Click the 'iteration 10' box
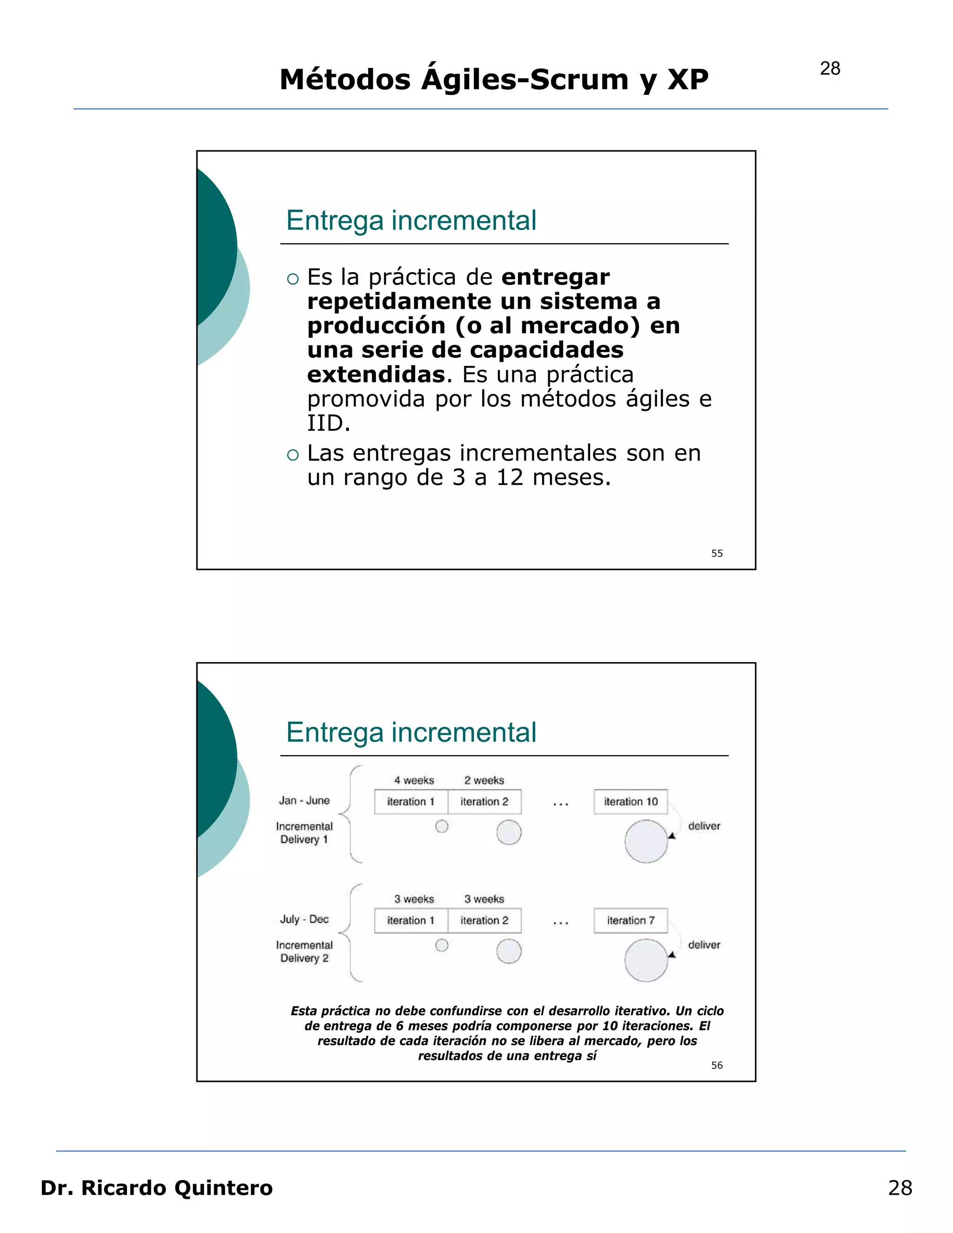tap(631, 802)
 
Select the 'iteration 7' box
tap(631, 920)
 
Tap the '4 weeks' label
tap(414, 780)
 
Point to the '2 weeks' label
tap(484, 780)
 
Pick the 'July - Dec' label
tap(304, 919)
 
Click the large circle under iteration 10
tap(646, 841)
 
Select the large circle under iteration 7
tap(646, 960)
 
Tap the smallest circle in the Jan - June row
tap(442, 826)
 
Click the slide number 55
tap(717, 553)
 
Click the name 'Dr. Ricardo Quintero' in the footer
tap(156, 1188)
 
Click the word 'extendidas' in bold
tap(376, 374)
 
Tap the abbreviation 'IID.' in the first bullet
tap(329, 423)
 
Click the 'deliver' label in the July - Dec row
tap(704, 945)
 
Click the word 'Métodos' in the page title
tap(345, 80)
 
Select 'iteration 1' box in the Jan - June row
tap(411, 802)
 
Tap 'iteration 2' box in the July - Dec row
tap(484, 920)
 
